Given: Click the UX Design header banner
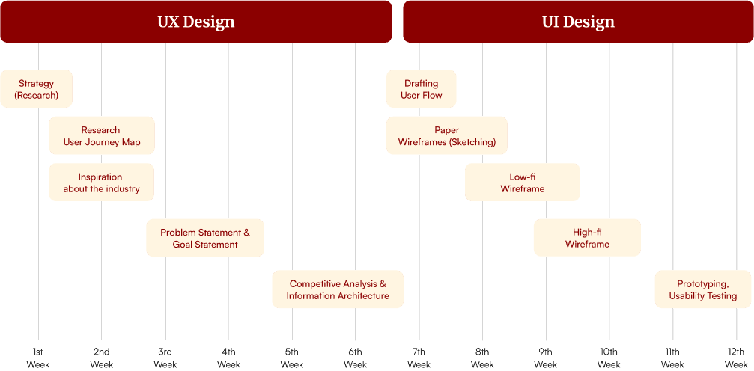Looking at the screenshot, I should (x=195, y=22).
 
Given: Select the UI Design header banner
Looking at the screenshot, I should (x=577, y=22).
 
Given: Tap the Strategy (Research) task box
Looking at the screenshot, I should (x=36, y=89).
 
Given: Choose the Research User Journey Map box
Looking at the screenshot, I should (x=101, y=136).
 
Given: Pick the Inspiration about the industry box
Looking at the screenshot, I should (x=101, y=183).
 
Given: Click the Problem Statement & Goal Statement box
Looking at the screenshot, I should (x=205, y=238).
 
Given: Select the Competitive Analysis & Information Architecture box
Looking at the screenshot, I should (x=338, y=289).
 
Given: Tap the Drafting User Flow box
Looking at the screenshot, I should (x=422, y=89).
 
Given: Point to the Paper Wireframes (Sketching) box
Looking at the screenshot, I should (x=447, y=136).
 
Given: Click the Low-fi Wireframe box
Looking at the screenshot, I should (x=523, y=183).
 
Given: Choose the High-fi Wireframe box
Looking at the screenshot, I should (x=587, y=238).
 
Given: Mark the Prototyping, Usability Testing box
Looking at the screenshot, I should (x=702, y=289).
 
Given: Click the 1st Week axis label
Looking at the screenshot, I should (x=38, y=358).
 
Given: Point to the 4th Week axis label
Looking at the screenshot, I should (x=228, y=358).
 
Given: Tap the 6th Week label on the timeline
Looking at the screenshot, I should (x=355, y=358).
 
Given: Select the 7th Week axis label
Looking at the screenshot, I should (x=419, y=358).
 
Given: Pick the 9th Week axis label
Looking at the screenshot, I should (x=545, y=358).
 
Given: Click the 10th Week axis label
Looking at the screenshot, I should (x=609, y=358).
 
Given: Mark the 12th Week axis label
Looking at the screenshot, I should (x=735, y=358).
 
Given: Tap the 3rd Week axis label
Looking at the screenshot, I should (x=165, y=358).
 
